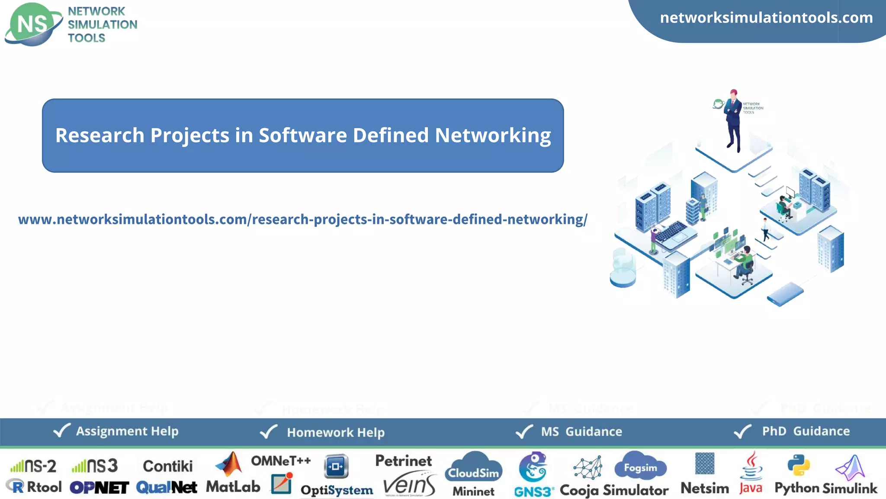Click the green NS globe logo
33,24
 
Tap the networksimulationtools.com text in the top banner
766,18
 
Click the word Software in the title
302,135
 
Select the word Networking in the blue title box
493,135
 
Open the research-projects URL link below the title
302,219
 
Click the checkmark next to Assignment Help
61,431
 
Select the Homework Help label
336,432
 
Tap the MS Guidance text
581,431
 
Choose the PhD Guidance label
806,431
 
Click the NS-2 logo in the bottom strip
34,466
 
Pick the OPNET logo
99,488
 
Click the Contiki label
168,466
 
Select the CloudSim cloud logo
474,468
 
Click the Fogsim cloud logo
640,467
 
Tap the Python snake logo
798,465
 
